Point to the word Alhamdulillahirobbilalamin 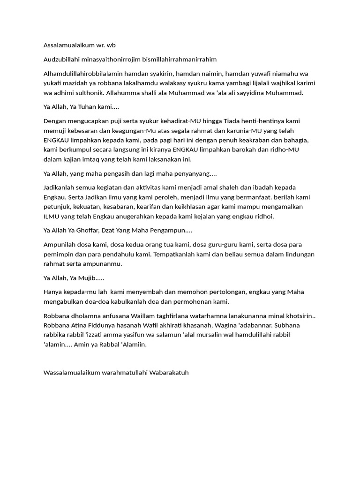pos(82,74)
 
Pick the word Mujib pos(85,278)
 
